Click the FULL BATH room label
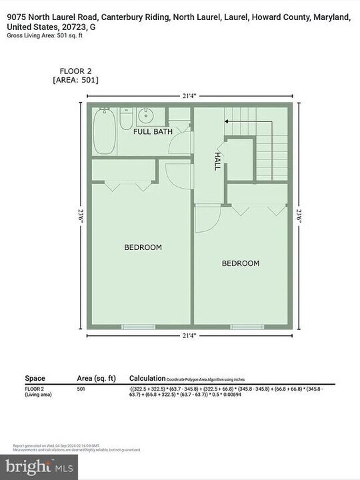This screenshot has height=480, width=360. point(153,131)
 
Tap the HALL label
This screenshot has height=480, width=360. point(217,160)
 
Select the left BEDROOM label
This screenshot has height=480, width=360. point(143,247)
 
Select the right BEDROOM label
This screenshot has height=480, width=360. point(240,263)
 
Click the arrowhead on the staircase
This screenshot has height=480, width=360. point(227,121)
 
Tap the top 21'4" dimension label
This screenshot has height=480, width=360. point(189,96)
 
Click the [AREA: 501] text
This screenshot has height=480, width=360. point(75,80)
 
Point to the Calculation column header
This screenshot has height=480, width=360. point(146,378)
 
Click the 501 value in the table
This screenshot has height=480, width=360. point(81,388)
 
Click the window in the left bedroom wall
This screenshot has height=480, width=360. point(139,327)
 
